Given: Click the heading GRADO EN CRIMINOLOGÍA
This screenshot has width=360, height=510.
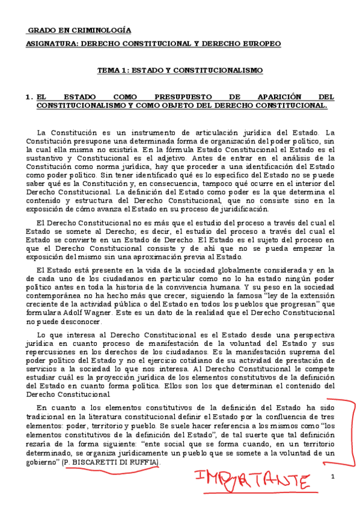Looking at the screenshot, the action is pos(80,31).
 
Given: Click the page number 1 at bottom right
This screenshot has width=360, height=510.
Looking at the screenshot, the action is pos(331,477).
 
